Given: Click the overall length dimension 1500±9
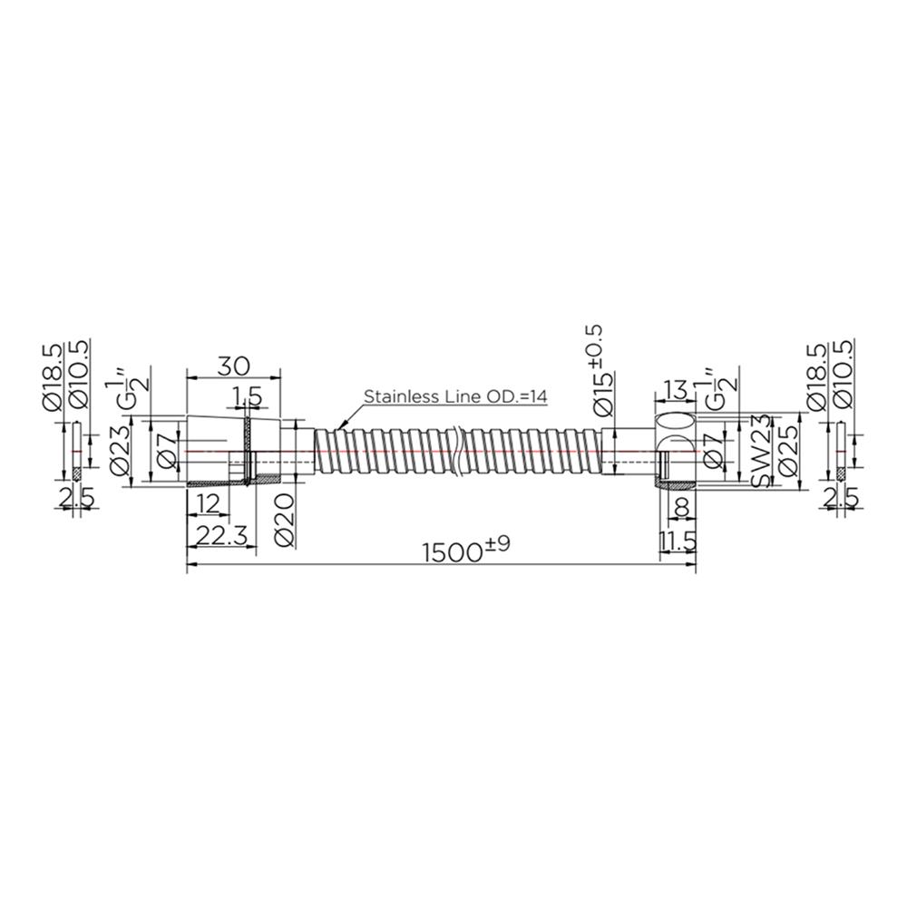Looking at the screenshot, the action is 466,551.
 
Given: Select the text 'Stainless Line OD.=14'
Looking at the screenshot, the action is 454,396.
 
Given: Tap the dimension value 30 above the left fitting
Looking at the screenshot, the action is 233,366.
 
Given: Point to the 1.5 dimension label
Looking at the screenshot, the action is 248,397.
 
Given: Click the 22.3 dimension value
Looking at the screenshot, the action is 221,535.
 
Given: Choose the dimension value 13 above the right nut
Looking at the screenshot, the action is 675,388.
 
